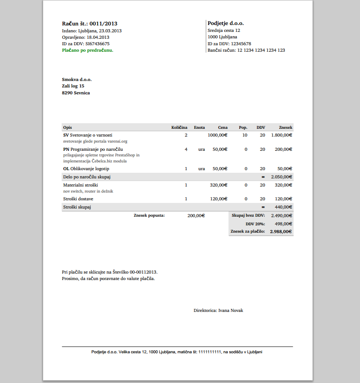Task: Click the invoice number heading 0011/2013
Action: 90,24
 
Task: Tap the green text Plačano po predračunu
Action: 88,50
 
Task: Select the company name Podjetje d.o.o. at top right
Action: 225,23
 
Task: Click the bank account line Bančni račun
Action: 246,50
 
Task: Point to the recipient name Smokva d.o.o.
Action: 77,79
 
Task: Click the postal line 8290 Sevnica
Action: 76,93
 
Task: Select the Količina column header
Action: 179,128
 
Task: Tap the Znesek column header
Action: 285,128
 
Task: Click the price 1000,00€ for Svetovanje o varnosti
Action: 217,135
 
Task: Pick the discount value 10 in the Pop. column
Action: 245,135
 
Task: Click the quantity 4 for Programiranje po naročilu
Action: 186,149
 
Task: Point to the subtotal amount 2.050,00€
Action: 282,177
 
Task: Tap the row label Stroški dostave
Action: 78,199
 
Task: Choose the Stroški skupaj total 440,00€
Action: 284,207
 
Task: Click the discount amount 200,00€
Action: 196,215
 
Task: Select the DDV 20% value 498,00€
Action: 284,224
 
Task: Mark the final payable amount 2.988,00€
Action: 281,231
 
